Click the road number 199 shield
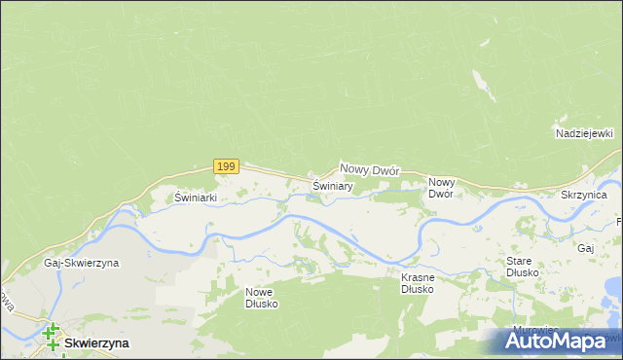[226, 166]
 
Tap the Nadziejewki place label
[582, 133]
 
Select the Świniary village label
[332, 185]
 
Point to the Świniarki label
[195, 198]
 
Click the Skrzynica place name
[584, 196]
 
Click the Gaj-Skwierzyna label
[81, 264]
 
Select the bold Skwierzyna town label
[96, 343]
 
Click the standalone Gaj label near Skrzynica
[585, 249]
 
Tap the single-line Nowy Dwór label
[370, 169]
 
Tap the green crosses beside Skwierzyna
[50, 338]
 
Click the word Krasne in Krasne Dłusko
[418, 277]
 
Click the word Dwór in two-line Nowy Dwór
[441, 194]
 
